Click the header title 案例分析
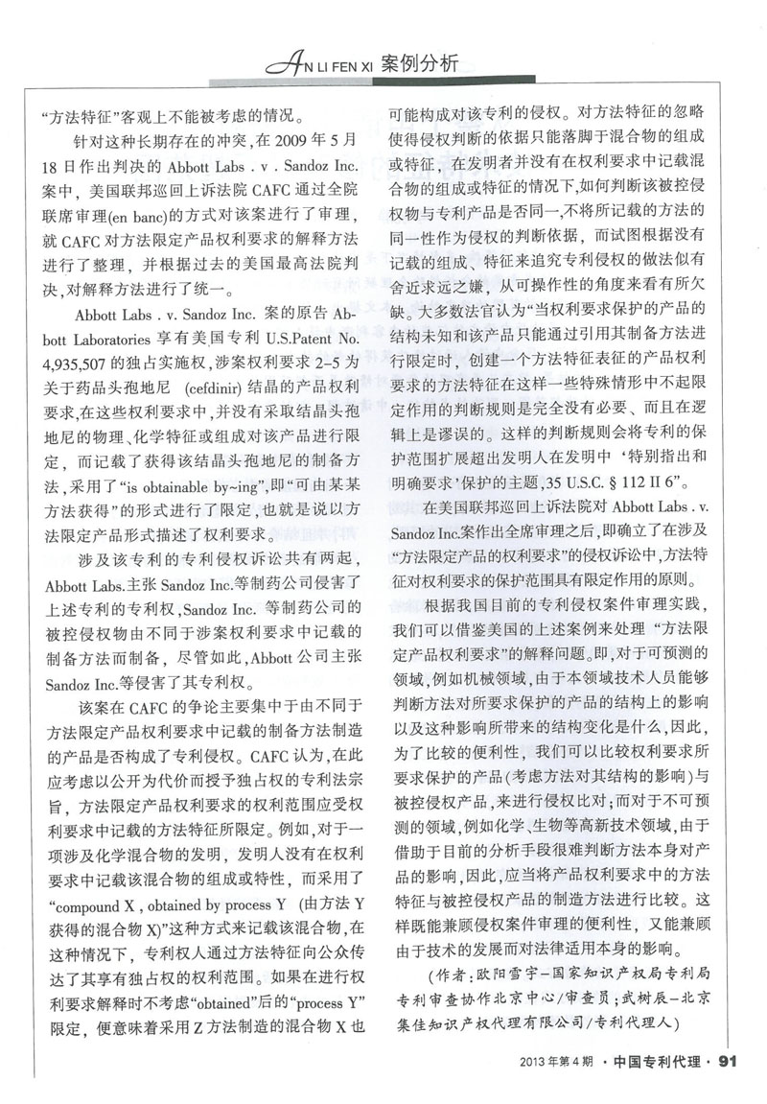pyautogui.click(x=420, y=63)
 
